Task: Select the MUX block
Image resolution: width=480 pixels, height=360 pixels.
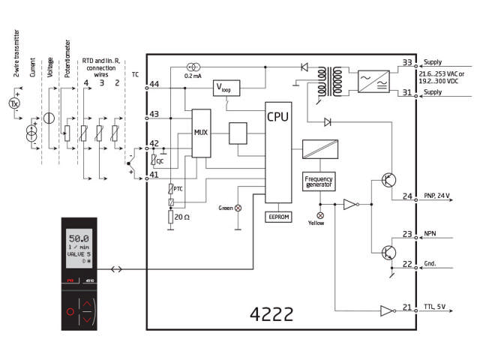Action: [x=201, y=133]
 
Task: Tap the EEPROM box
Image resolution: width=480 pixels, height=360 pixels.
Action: [x=277, y=216]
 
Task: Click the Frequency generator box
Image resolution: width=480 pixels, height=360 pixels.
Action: [x=319, y=181]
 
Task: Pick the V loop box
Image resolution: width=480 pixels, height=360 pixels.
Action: [x=227, y=88]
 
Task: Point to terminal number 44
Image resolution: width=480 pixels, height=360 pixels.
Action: [x=154, y=84]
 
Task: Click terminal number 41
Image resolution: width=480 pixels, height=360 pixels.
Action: [x=154, y=175]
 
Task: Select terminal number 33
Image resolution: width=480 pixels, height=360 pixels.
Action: [x=407, y=63]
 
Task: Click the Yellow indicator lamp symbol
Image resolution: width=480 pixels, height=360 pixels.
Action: [x=320, y=214]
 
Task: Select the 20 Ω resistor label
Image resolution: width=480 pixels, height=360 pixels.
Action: [x=183, y=217]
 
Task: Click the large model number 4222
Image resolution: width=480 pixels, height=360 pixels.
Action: [x=271, y=313]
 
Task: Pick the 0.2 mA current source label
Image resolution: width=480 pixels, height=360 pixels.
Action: [x=193, y=76]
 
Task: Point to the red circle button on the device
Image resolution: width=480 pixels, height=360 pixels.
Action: [x=70, y=310]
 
